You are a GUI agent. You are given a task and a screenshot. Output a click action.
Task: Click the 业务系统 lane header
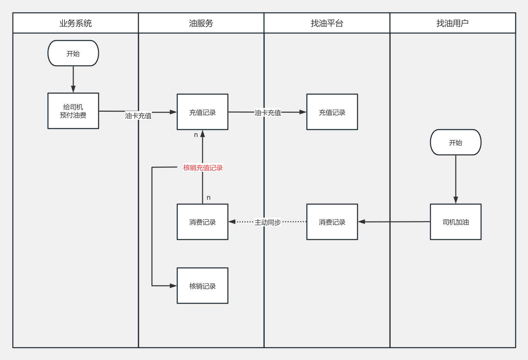coord(76,23)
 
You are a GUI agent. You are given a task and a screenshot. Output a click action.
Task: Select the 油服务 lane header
coord(201,23)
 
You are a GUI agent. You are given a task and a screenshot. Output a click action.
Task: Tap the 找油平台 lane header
coord(327,23)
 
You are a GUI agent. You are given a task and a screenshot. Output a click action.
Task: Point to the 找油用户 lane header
coord(452,23)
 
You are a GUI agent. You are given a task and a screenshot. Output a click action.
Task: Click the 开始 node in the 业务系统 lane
coord(73,53)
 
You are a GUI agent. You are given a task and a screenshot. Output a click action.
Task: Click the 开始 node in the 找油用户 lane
coord(455,142)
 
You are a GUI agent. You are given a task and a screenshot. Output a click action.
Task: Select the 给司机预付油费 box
coord(73,111)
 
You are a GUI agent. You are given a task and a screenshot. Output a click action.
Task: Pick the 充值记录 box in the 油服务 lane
coord(203,112)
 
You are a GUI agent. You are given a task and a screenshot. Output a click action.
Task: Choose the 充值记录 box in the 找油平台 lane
coord(332,112)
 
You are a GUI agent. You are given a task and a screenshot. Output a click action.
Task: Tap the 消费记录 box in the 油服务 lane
coord(203,222)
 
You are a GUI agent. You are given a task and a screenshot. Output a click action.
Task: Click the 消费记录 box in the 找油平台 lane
coord(332,222)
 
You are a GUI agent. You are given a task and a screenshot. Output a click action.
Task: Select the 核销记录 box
coord(203,286)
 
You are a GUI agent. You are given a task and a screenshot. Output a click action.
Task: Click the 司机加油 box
coord(455,222)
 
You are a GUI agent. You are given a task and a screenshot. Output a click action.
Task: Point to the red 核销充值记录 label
coord(203,168)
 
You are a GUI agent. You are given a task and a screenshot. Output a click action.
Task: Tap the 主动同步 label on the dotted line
coord(268,222)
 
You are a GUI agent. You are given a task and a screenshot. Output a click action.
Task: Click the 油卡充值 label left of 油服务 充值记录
coord(138,116)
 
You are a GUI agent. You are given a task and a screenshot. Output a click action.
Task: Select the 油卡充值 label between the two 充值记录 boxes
coord(268,113)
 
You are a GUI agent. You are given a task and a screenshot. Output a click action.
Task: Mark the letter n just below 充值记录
coord(196,135)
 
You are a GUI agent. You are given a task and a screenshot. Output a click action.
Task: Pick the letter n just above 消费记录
coord(209,198)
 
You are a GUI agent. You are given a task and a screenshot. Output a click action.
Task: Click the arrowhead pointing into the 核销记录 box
coord(173,286)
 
